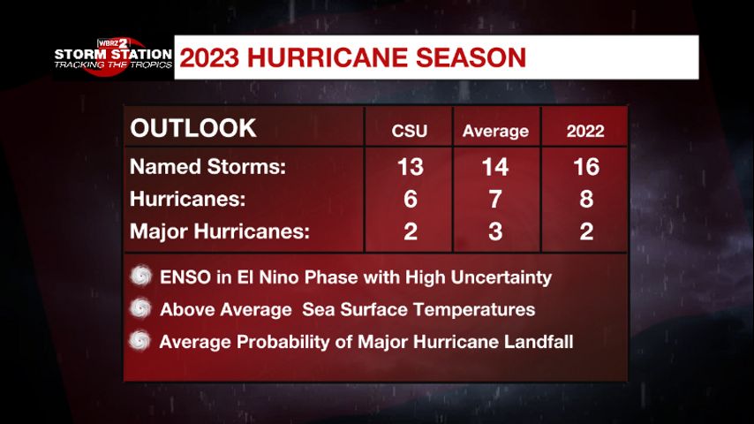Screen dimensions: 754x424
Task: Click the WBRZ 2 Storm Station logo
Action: tap(113, 57)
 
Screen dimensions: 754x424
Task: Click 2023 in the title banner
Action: tap(209, 57)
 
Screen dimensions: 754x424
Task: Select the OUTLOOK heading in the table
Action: tap(193, 128)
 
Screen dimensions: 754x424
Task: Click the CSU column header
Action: tap(409, 131)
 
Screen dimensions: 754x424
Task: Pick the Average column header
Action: tap(496, 131)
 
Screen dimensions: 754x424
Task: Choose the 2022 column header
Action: tap(585, 131)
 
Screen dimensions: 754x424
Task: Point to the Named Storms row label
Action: tap(207, 167)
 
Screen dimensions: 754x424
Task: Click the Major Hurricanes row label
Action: tap(220, 231)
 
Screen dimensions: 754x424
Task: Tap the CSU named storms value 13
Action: tap(411, 167)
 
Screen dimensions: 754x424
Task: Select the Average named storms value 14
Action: tap(495, 167)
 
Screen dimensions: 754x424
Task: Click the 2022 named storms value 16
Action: tap(586, 167)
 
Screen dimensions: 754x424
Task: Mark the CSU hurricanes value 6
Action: tap(411, 200)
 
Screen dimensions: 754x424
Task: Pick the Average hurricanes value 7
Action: tap(495, 200)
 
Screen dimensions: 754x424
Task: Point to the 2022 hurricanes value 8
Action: tap(586, 200)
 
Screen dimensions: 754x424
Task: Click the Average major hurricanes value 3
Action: tap(495, 231)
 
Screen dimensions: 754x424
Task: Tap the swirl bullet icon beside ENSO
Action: tap(141, 276)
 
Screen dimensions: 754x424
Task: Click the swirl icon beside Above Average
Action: tap(141, 308)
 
